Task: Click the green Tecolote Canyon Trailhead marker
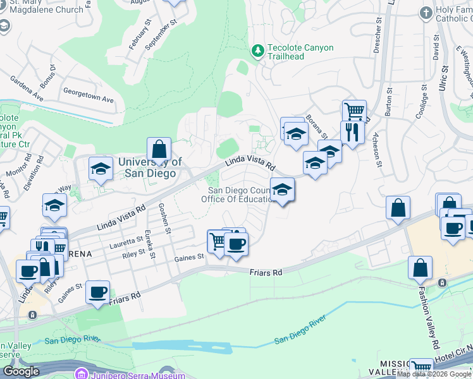[x=257, y=51]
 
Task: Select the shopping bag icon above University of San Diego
[x=159, y=150]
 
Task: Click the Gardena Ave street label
[x=26, y=88]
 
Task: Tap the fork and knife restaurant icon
[x=352, y=132]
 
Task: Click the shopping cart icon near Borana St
[x=354, y=112]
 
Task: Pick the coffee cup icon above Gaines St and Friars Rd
[x=236, y=244]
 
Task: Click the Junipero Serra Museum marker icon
[x=81, y=374]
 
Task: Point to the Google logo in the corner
[x=21, y=371]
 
